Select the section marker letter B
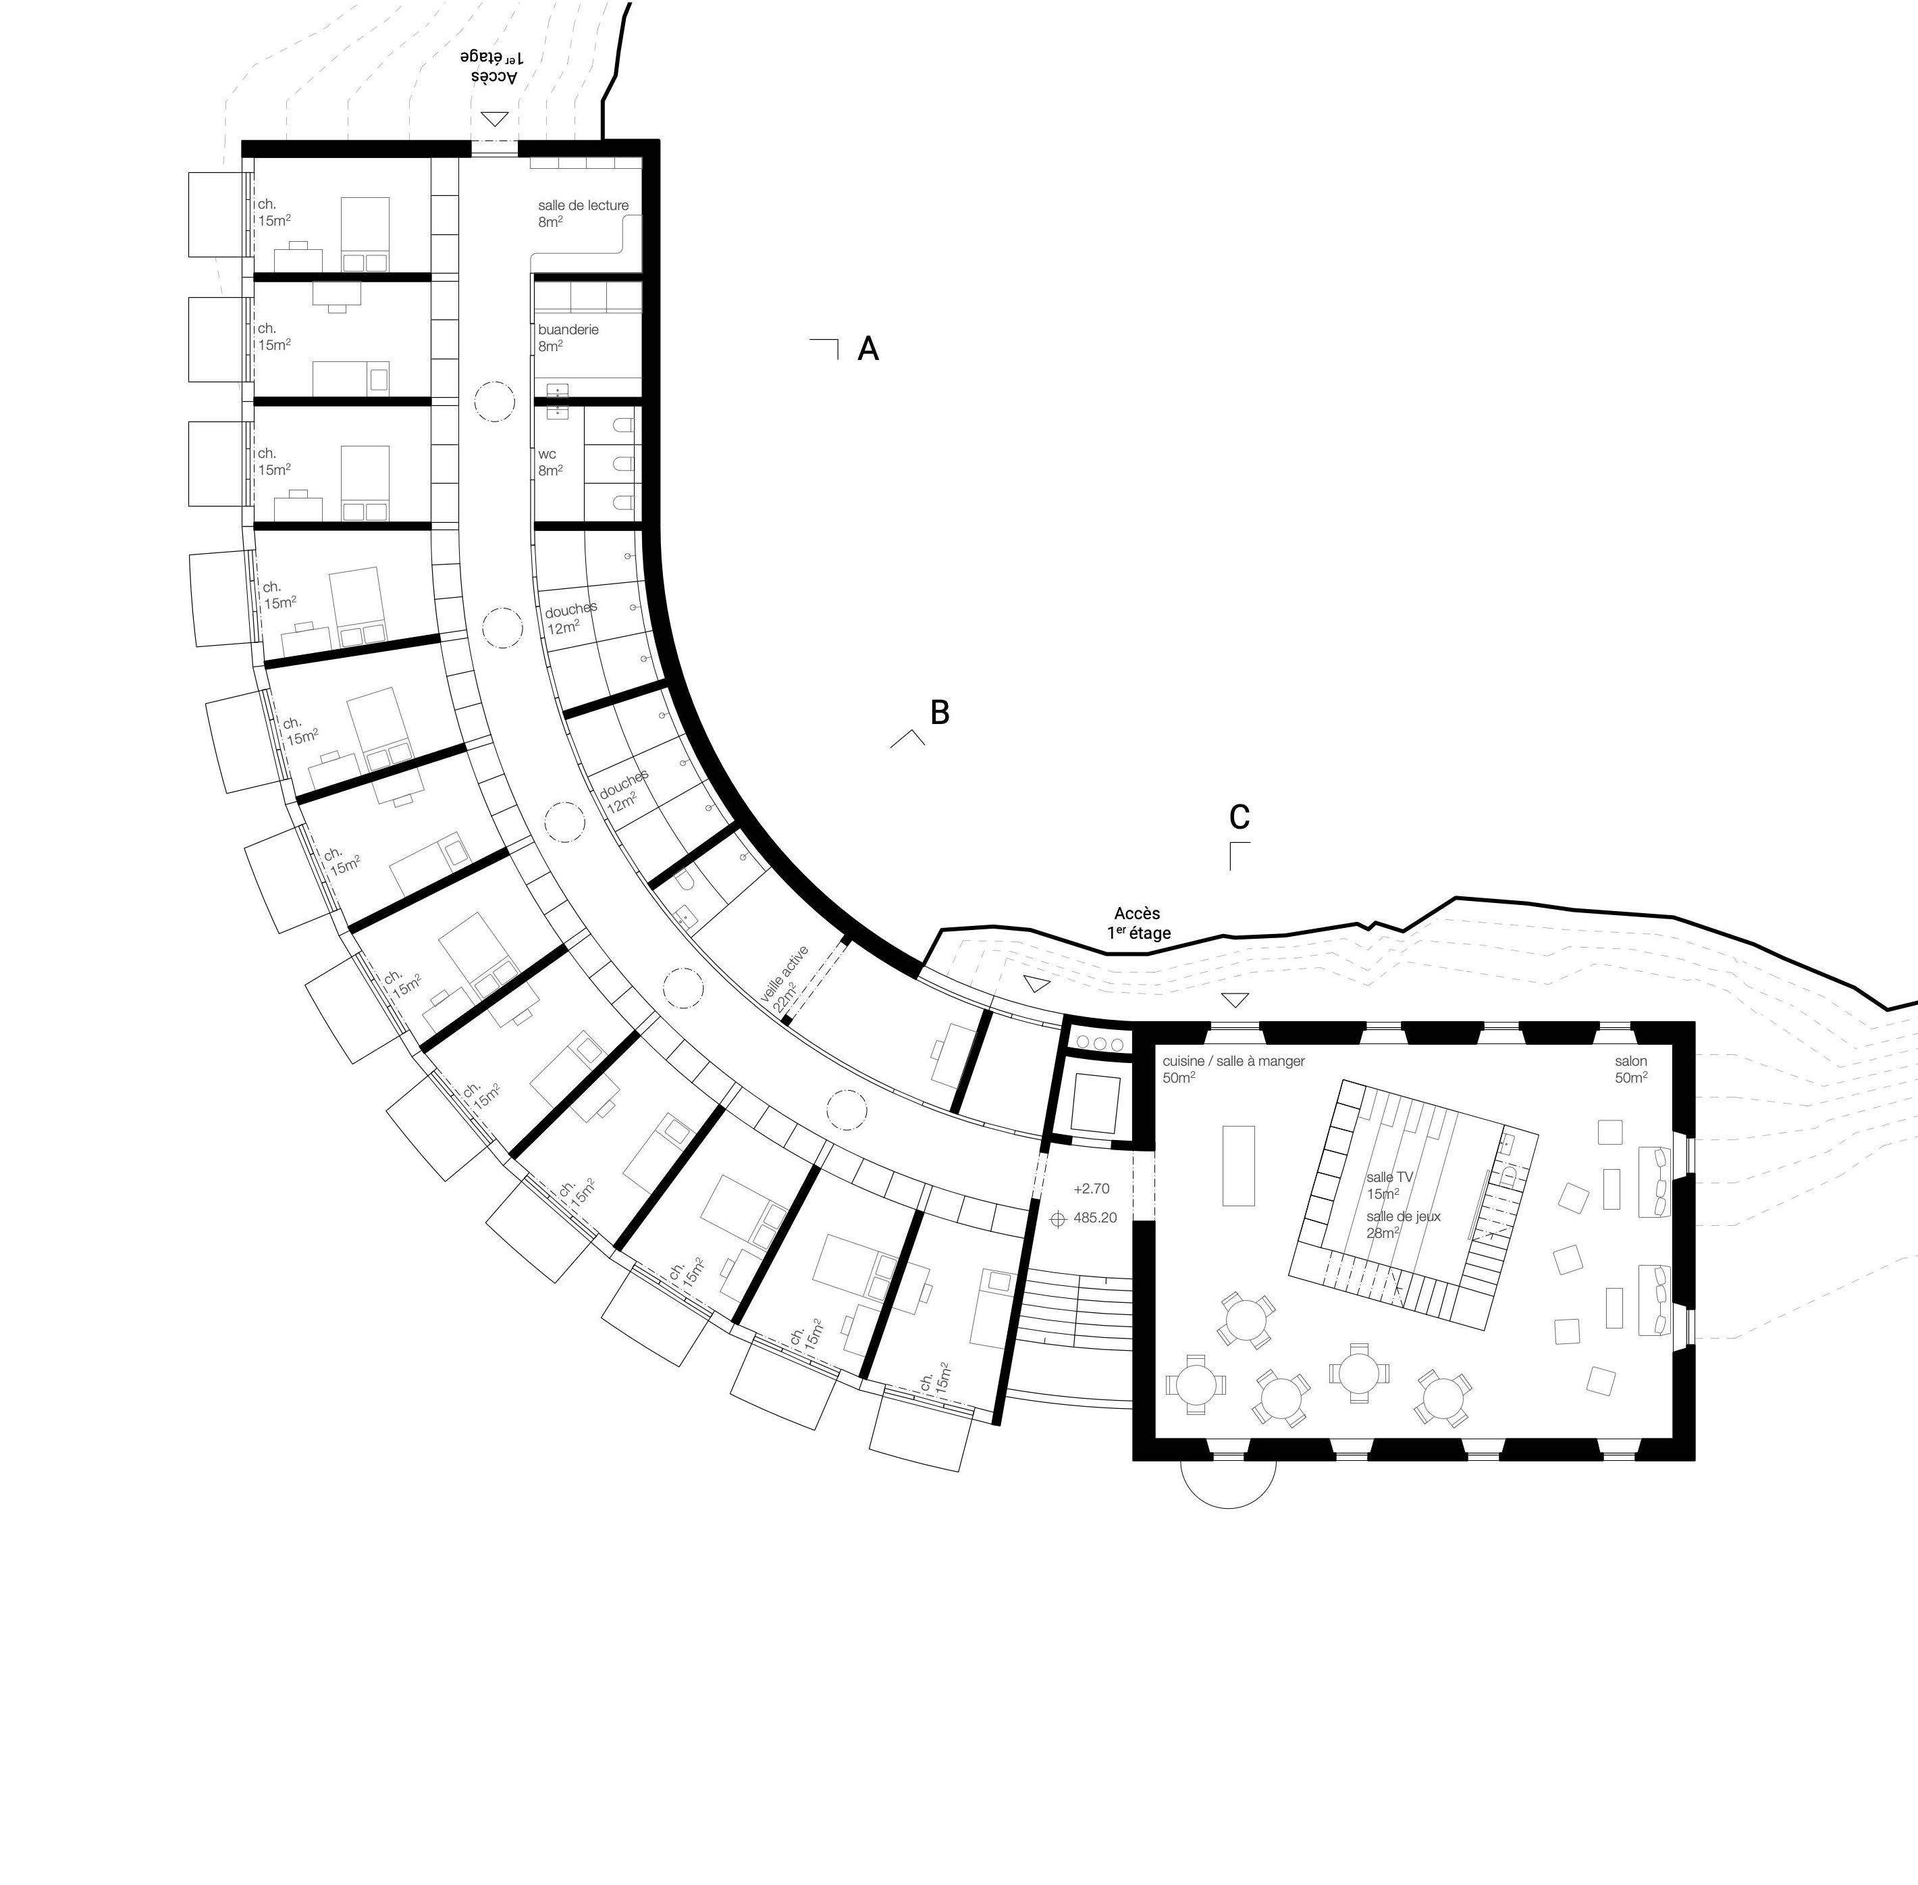pyautogui.click(x=939, y=712)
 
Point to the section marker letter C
pyautogui.click(x=1239, y=817)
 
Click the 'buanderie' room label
pyautogui.click(x=568, y=330)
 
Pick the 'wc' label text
pyautogui.click(x=548, y=455)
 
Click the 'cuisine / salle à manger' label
pyautogui.click(x=1233, y=1061)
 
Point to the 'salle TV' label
pyautogui.click(x=1389, y=1177)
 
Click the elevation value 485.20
pyautogui.click(x=1094, y=1218)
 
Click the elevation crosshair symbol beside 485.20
pyautogui.click(x=1057, y=1218)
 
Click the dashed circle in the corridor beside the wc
pyautogui.click(x=494, y=402)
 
